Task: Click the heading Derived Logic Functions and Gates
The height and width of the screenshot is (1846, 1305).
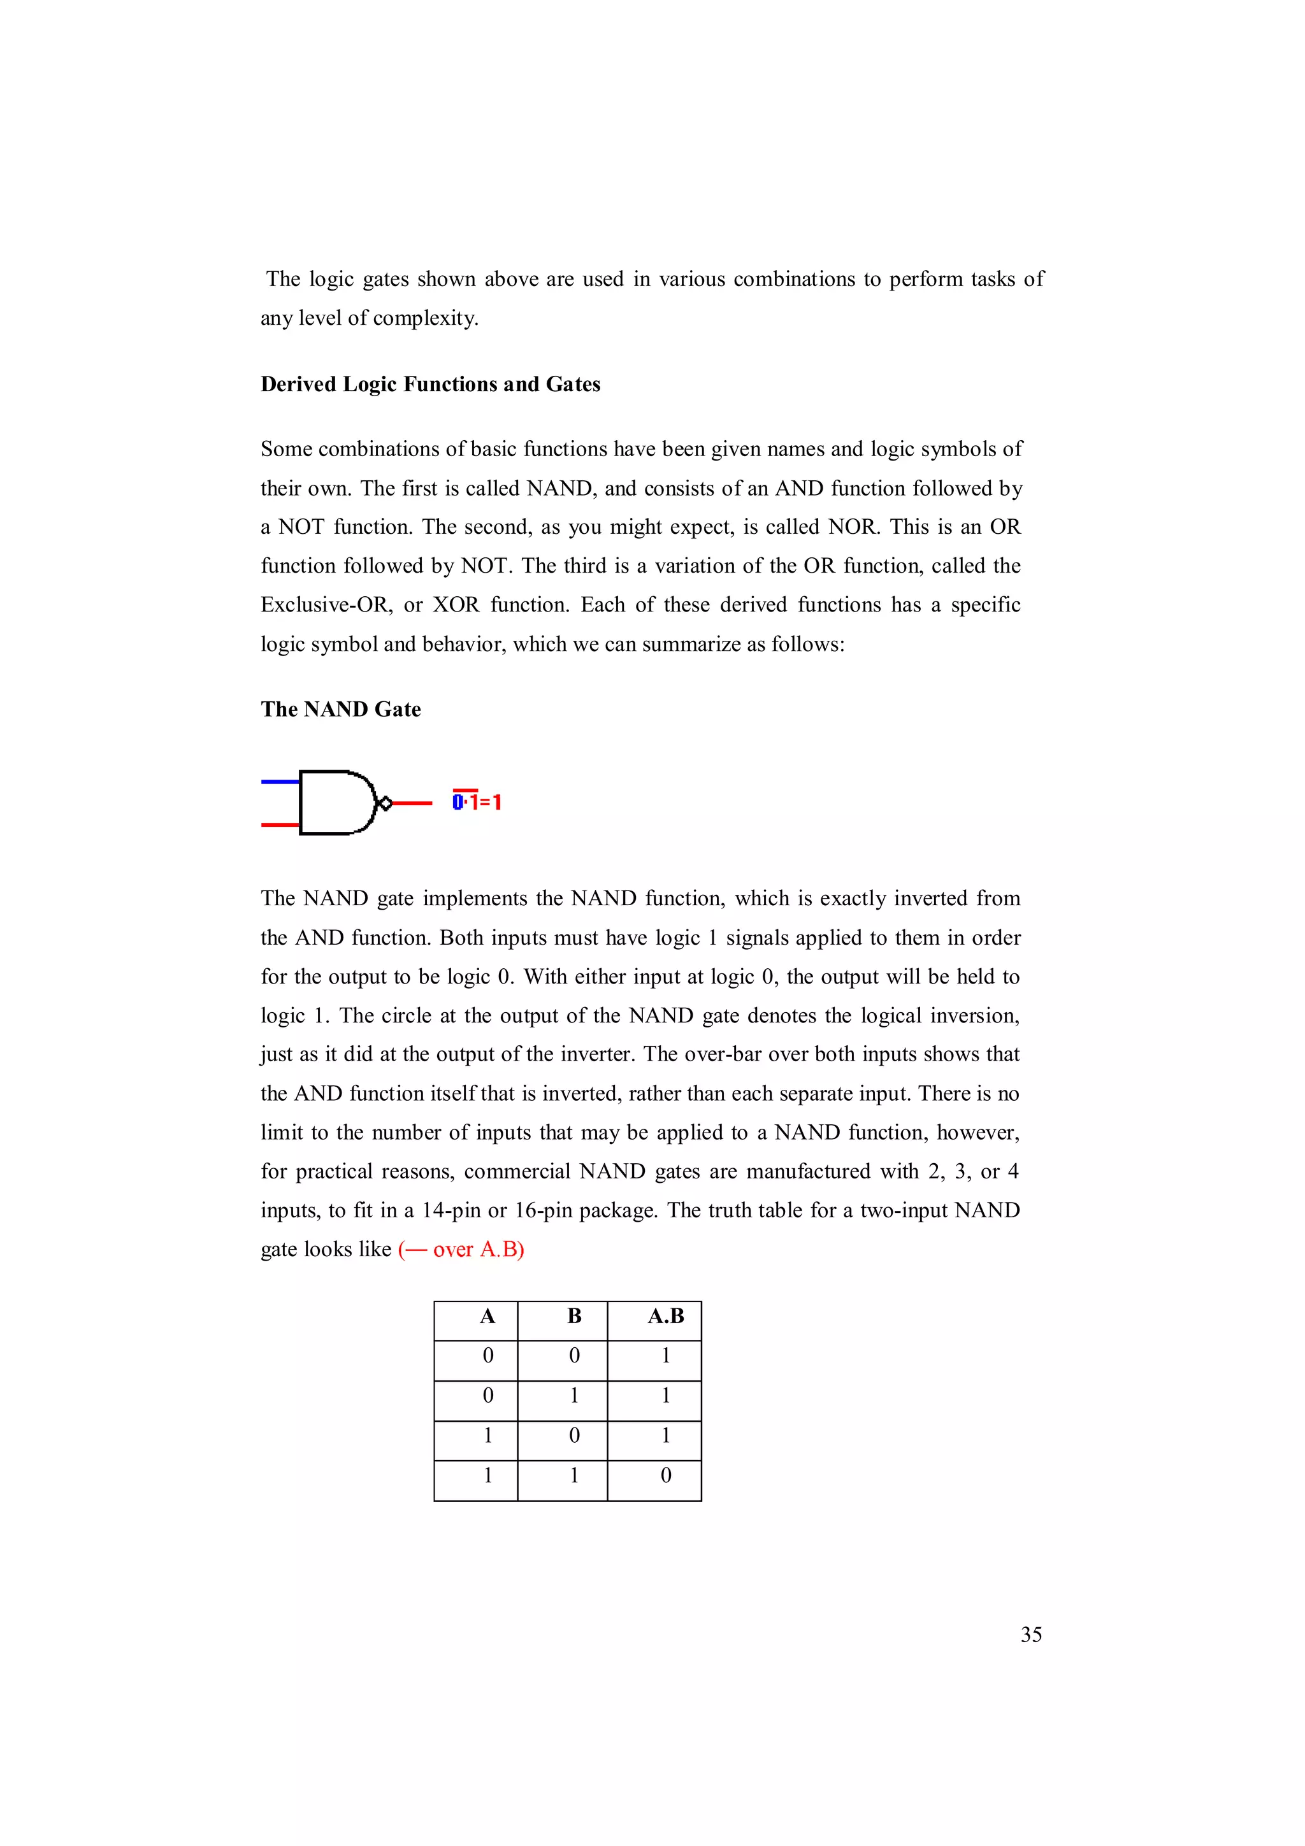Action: coord(430,384)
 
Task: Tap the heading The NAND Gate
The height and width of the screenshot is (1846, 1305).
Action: coord(340,709)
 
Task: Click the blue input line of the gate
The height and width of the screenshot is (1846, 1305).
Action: coord(280,781)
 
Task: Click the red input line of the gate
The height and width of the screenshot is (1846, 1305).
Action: coord(280,824)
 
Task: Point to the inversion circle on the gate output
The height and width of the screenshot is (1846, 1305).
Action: coord(385,803)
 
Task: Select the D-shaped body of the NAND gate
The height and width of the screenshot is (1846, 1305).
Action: coord(335,803)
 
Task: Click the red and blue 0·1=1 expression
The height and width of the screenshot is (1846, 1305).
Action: coord(477,801)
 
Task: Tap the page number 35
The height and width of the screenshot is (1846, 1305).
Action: coord(1031,1635)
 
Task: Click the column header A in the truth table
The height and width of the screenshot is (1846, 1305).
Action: coord(487,1316)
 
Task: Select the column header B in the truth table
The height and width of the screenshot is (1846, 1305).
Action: coord(574,1316)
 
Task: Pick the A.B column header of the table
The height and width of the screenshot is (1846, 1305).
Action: coord(666,1316)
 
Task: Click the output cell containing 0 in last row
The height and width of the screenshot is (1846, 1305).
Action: coord(666,1475)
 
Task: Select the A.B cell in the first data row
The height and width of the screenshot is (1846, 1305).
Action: coord(666,1356)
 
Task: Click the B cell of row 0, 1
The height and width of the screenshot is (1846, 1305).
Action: coord(574,1396)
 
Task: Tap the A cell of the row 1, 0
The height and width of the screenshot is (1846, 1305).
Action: coord(487,1435)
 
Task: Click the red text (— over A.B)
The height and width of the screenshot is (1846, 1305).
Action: coord(461,1249)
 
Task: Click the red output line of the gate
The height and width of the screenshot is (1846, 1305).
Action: coord(412,803)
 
